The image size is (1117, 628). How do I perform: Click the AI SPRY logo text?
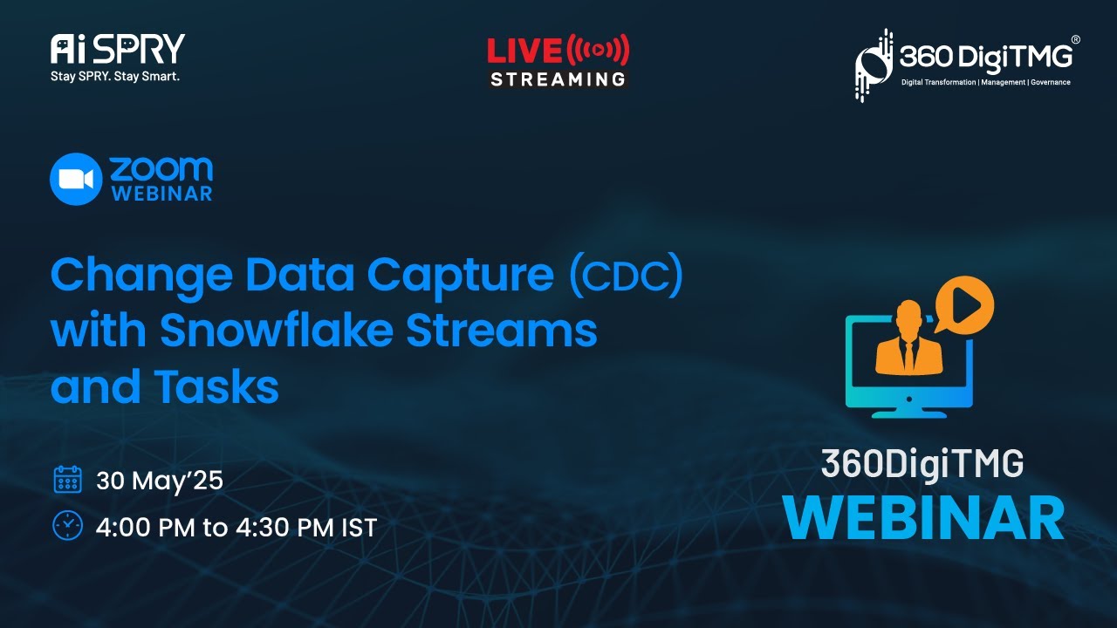point(118,49)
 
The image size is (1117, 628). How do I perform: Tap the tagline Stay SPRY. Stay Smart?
point(115,76)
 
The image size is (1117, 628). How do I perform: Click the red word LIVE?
point(524,51)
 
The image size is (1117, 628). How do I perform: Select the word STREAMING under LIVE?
point(558,78)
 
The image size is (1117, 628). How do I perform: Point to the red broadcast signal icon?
point(598,51)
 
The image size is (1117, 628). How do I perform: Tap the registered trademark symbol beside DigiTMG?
point(1075,40)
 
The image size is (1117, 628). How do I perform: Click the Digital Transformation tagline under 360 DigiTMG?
point(985,82)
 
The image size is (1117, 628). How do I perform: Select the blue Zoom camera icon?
point(76,179)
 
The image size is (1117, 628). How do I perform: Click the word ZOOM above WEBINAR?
point(161,168)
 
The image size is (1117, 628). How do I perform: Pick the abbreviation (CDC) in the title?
point(624,276)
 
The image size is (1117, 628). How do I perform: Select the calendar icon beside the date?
point(67,480)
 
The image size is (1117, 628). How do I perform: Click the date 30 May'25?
point(160,481)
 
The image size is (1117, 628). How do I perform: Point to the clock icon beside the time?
point(67,525)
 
